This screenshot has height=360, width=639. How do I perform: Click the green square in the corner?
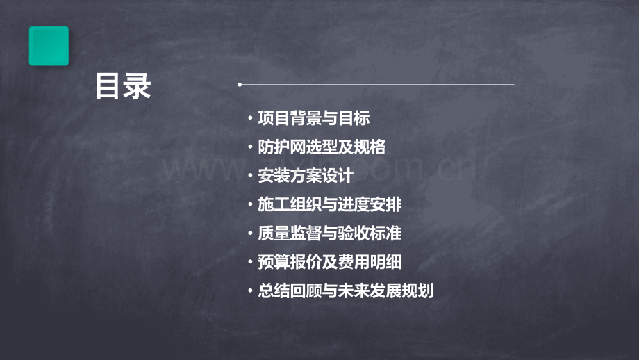(x=49, y=46)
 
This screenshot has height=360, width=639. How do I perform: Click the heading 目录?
(x=123, y=87)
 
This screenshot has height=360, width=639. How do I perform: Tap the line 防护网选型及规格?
(x=322, y=147)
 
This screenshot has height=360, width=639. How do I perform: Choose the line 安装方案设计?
(x=305, y=176)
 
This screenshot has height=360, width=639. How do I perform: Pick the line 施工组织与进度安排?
(x=329, y=205)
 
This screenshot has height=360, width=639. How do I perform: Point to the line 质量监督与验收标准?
(x=329, y=234)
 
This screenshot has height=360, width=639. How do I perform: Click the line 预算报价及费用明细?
(x=329, y=263)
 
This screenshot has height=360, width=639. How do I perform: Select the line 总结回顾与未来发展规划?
(x=345, y=291)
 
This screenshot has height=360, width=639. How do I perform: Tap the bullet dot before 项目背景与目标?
(x=250, y=119)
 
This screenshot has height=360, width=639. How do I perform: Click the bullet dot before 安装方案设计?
(x=250, y=177)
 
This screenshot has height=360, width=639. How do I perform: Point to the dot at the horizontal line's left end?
(x=240, y=85)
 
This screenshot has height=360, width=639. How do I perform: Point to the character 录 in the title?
(x=137, y=87)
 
